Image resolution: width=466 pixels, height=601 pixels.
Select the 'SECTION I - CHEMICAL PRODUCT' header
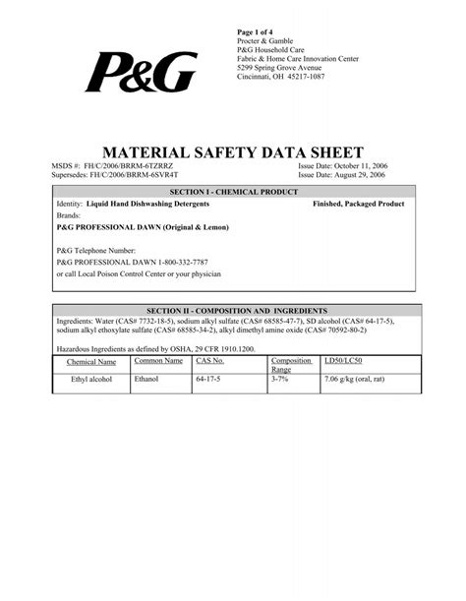(232, 192)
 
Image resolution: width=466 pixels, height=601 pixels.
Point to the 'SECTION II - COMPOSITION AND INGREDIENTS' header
(233, 310)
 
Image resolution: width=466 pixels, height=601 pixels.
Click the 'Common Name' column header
(158, 361)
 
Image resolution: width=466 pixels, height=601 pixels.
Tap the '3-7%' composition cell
(280, 379)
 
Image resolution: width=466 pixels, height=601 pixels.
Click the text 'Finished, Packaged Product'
(358, 204)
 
